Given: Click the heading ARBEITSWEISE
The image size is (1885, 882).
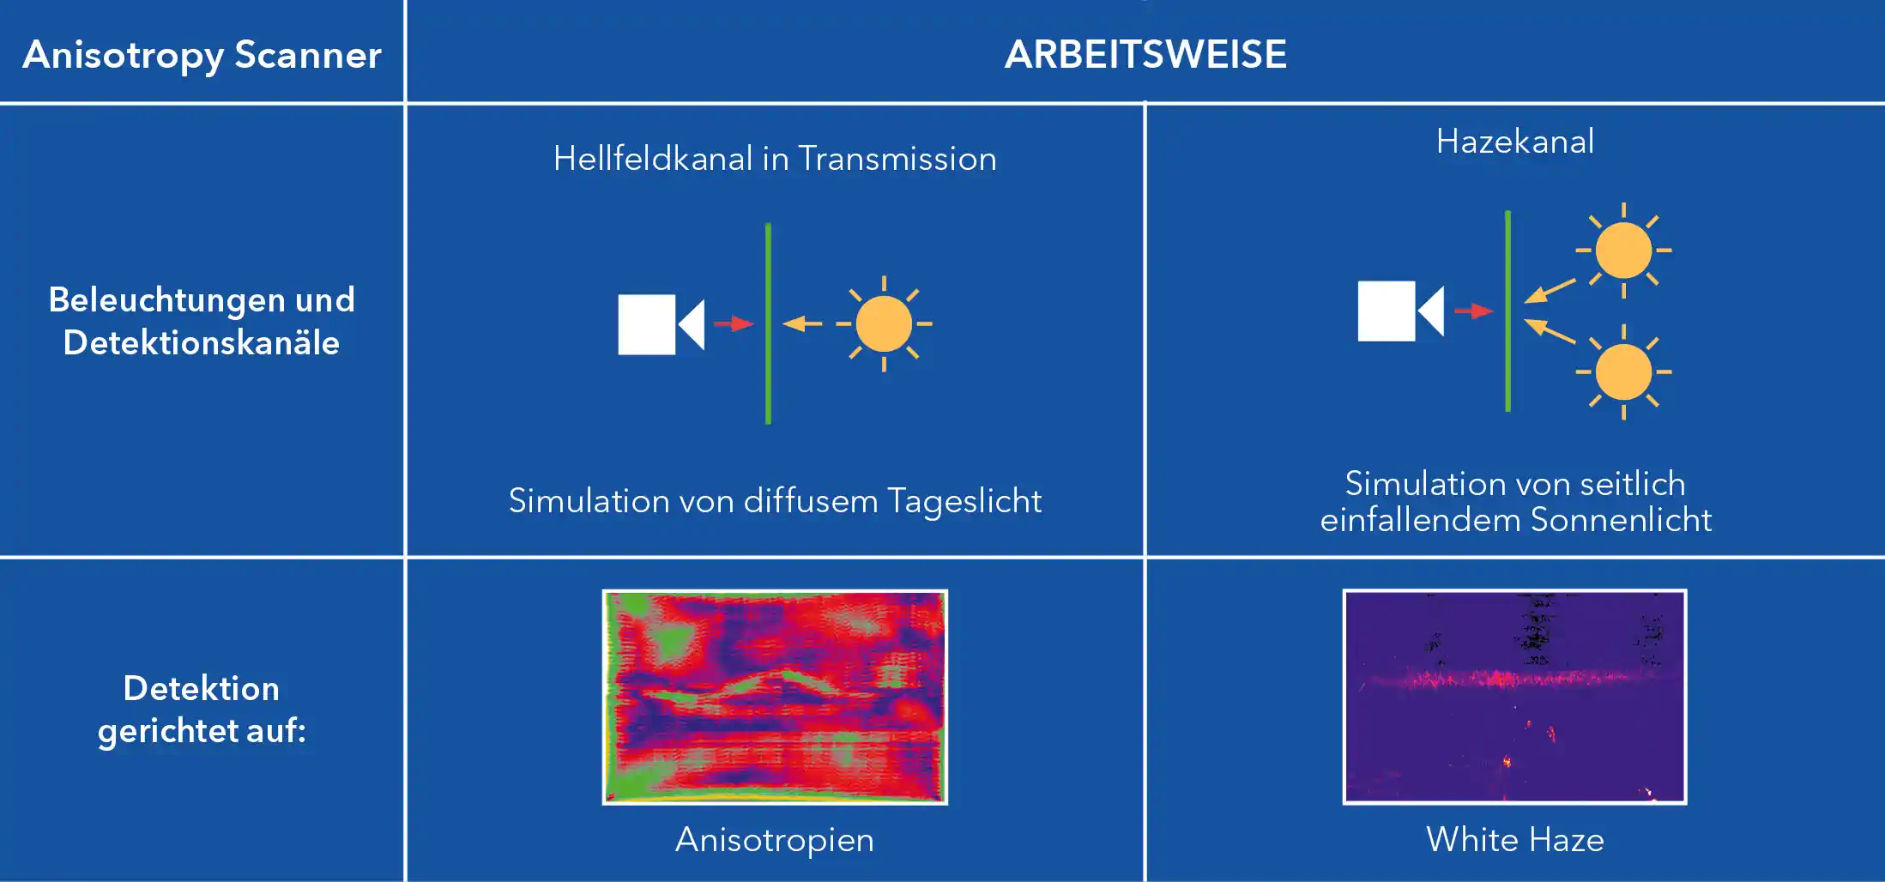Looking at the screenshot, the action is [1145, 54].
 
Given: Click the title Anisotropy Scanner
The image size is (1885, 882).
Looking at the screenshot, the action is [202, 56].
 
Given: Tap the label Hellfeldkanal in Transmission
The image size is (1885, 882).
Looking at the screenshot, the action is [775, 159].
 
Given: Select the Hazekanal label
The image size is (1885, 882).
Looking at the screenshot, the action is [1515, 142].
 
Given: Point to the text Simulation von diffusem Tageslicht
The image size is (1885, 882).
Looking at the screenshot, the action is [775, 501].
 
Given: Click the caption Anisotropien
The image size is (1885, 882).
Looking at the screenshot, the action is [775, 840].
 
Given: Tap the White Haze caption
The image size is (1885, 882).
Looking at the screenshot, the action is [1515, 840].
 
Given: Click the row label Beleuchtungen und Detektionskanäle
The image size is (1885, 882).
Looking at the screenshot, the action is [202, 321].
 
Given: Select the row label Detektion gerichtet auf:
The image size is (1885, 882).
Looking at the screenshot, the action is [202, 710].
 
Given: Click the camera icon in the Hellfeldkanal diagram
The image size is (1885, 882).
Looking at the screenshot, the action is [661, 324].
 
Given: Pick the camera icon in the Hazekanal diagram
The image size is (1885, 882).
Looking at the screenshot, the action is [1400, 311].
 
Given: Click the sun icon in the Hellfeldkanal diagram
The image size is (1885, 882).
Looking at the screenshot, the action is [884, 323].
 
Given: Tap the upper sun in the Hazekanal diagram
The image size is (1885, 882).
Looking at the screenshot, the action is [1623, 251].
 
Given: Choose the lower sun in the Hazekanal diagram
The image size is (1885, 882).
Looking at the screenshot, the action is [1623, 372].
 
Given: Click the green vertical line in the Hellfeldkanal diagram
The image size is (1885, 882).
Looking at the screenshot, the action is [768, 323].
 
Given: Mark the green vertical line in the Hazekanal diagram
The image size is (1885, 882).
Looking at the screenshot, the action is [1507, 311].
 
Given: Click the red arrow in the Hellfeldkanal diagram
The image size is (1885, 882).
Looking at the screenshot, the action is [734, 323].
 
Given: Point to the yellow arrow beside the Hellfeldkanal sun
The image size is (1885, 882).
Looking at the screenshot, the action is [802, 323].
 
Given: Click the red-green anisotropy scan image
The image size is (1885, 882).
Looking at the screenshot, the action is [775, 697].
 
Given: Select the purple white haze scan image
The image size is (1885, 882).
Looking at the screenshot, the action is [1514, 697].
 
